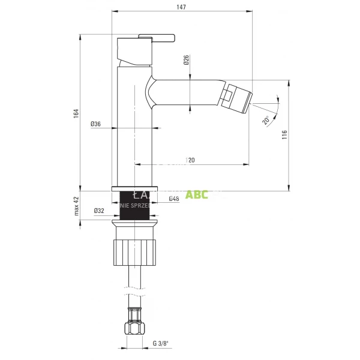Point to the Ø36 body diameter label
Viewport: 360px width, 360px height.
[95, 124]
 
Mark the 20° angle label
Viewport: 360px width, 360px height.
[265, 120]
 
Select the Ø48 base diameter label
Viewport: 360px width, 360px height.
[174, 199]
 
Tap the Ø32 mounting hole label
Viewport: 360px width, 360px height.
[99, 211]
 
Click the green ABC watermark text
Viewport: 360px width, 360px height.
[197, 194]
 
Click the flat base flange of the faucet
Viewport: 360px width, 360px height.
[135, 189]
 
